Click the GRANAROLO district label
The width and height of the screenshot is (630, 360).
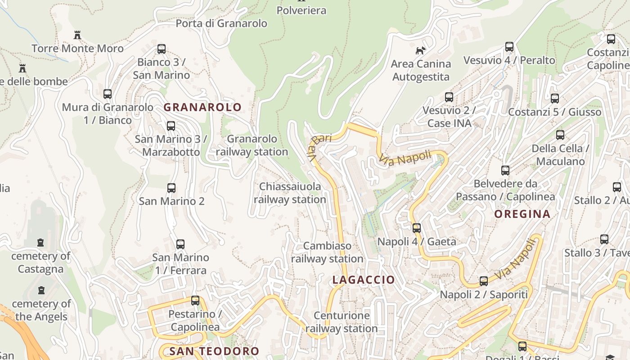coord(202,107)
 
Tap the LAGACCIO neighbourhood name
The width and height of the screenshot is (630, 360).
coord(364,280)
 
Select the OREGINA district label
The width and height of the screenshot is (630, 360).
coord(522,214)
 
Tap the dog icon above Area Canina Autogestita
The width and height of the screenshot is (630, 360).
coord(421,50)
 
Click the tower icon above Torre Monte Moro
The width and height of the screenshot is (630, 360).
coord(77,35)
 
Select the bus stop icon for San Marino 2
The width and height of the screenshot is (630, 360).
coord(171,188)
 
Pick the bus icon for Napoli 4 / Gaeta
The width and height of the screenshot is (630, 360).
coord(417,228)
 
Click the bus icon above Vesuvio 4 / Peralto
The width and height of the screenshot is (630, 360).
coord(509,47)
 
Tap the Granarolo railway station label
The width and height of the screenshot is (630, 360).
coord(252,145)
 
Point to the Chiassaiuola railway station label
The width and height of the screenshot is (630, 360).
coord(290,193)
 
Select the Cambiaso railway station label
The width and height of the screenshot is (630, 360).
coord(327,252)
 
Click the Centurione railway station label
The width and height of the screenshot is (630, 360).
coord(342,322)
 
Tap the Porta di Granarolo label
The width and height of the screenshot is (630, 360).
coord(221,23)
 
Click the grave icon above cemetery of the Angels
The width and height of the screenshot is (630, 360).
coord(42,290)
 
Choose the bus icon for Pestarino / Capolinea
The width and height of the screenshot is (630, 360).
coord(195,300)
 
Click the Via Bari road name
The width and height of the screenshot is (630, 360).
coord(319,145)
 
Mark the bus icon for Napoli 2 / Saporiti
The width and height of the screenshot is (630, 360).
coord(484,281)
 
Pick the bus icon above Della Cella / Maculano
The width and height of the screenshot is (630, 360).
coord(560,135)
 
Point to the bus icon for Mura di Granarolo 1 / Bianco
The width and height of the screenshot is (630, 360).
coord(108,94)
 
